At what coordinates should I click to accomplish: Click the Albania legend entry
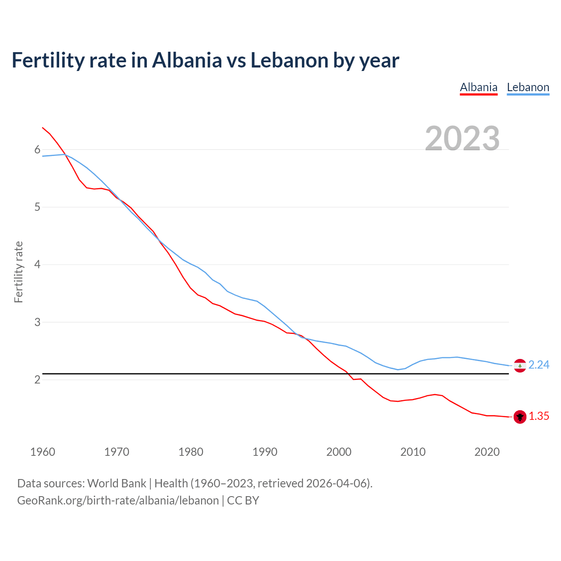pos(479,87)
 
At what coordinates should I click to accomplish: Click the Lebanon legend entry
pos(528,87)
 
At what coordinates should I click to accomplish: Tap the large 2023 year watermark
pos(462,138)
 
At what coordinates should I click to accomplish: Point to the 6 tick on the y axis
pos(37,150)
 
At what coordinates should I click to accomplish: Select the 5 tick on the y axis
pos(37,207)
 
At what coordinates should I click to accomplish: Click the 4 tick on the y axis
pos(37,265)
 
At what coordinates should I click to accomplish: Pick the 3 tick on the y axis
pos(37,322)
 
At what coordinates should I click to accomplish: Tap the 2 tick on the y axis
pos(37,380)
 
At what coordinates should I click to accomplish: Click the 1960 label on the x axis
pos(43,452)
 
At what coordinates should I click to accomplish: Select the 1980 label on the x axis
pos(191,452)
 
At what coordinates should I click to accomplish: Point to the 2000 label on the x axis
pos(339,452)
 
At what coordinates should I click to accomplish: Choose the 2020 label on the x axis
pos(487,452)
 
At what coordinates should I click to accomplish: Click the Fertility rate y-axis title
pos(18,272)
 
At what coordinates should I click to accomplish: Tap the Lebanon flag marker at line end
pos(520,366)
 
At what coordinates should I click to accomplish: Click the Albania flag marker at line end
pos(520,417)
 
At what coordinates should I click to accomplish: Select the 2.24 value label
pos(539,365)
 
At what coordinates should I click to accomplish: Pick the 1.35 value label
pos(539,416)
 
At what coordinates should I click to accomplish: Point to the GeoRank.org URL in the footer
pos(118,501)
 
